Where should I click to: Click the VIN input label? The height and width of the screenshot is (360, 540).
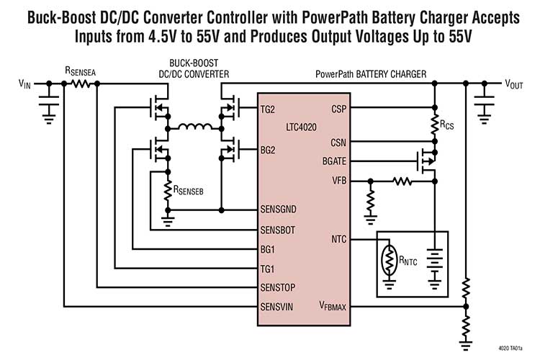pos(24,84)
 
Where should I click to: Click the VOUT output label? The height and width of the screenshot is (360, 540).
pos(513,84)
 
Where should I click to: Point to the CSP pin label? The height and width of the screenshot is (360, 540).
pos(338,109)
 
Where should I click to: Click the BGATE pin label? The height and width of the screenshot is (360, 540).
pos(333,162)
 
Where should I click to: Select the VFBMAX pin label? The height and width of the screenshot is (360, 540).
pos(333,307)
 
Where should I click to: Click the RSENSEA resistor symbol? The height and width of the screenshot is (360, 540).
pos(78,84)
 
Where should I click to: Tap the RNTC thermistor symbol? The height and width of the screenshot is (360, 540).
pos(390,262)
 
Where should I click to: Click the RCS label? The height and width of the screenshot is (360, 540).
pos(449,125)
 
